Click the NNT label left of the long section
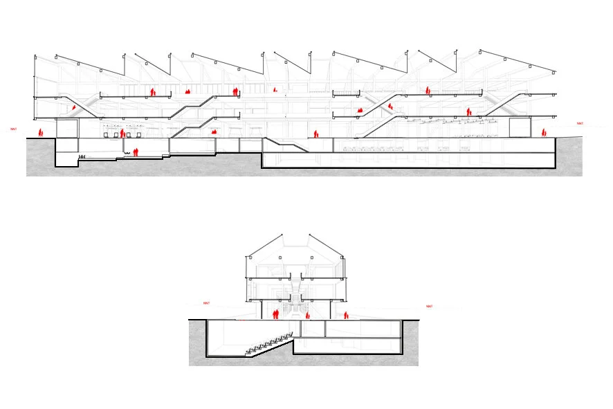click(12, 129)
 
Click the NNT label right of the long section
click(580, 124)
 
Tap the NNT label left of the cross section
click(206, 303)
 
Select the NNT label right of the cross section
click(429, 306)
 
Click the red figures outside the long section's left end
click(40, 131)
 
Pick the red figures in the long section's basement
click(136, 152)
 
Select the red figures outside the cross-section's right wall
click(346, 316)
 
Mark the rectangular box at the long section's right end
click(519, 128)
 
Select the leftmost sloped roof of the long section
click(80, 64)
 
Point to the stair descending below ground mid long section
click(287, 143)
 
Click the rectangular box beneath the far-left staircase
click(66, 129)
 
